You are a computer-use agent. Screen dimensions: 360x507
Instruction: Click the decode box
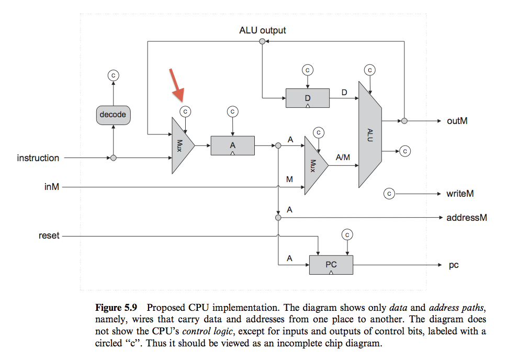point(113,115)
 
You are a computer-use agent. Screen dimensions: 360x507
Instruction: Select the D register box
point(308,98)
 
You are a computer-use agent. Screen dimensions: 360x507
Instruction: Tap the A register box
point(232,145)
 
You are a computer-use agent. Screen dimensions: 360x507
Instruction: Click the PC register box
point(331,264)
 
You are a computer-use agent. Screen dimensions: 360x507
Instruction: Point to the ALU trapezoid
point(370,134)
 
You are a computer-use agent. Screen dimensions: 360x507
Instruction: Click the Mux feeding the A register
point(182,145)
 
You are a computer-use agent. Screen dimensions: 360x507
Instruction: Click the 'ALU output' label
point(262,30)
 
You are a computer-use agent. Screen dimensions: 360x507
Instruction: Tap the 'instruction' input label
point(38,158)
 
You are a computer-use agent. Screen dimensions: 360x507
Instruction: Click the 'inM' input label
point(51,186)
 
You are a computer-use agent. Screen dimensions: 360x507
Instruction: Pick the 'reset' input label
point(49,236)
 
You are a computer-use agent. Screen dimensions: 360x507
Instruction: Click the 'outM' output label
point(457,121)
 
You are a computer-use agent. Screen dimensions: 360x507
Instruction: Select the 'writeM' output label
point(460,194)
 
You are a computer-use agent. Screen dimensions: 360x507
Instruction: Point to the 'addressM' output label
point(466,217)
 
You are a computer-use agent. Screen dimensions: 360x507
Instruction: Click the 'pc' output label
point(454,265)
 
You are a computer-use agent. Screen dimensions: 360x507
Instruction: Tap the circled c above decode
point(113,75)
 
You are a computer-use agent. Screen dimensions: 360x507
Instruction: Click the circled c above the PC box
point(347,234)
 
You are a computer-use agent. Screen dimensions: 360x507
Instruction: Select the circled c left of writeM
point(389,194)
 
